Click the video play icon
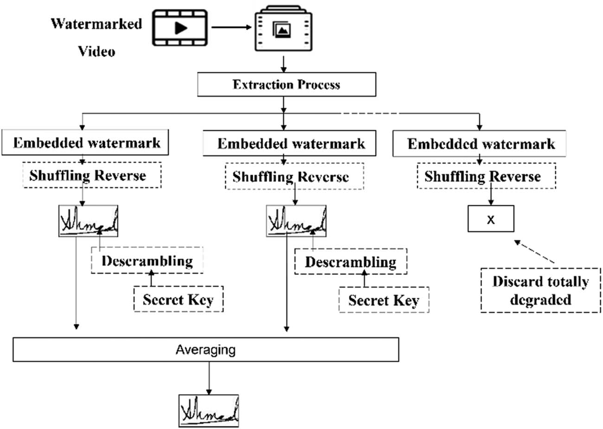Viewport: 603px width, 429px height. tap(180, 28)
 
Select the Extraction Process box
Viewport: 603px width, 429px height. tap(286, 84)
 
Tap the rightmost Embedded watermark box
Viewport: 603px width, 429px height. tap(481, 144)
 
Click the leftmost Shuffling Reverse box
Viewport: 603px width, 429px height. tap(92, 175)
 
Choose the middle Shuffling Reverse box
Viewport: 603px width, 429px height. tap(294, 177)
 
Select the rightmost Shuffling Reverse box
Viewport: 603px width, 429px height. tap(486, 176)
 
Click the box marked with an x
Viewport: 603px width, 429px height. tap(491, 219)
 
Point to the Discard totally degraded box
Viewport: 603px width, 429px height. tap(540, 290)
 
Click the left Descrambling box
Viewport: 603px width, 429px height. tap(147, 261)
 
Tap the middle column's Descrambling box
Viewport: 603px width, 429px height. tap(351, 262)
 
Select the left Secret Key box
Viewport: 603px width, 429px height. tap(178, 299)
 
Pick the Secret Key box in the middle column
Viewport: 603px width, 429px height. tap(384, 300)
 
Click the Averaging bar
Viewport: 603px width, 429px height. tap(205, 350)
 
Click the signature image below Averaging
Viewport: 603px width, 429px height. tap(209, 411)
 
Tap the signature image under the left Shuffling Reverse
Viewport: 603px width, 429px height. tap(88, 221)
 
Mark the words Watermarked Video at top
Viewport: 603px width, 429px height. tap(96, 37)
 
